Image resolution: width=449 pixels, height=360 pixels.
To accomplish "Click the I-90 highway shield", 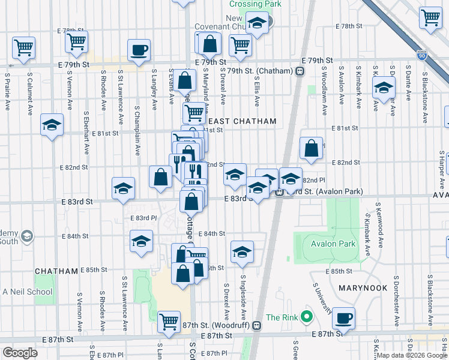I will click(x=421, y=53).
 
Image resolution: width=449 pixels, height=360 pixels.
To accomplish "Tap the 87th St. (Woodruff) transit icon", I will click(x=257, y=325).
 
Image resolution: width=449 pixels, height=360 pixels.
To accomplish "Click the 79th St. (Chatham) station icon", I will click(x=298, y=71).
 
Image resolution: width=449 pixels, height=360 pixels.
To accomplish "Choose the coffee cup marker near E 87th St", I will click(x=344, y=319).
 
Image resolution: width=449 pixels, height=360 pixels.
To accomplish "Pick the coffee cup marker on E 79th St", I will click(x=139, y=50).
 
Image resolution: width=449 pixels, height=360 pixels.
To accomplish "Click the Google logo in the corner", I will click(x=20, y=353).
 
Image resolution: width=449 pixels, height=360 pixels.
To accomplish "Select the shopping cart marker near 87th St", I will click(x=169, y=321).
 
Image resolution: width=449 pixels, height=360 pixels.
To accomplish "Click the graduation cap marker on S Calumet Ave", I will click(x=52, y=125).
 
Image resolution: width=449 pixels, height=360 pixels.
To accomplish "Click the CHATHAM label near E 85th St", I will click(x=56, y=271).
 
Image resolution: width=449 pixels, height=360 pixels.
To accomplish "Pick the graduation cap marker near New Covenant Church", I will click(x=257, y=24).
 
